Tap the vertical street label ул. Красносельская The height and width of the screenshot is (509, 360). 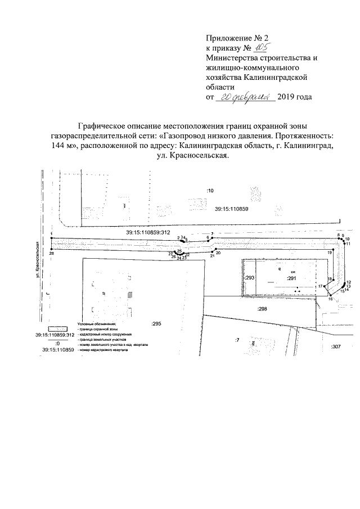click(35, 259)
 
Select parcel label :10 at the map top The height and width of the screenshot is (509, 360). click(210, 191)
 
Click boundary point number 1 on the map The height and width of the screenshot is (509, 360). click(51, 233)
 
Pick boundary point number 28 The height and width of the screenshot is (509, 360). click(52, 254)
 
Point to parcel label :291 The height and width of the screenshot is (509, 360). click(291, 278)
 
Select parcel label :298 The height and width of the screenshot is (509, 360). click(261, 309)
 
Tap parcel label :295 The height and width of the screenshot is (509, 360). click(156, 323)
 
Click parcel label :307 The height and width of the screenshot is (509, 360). click(336, 346)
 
